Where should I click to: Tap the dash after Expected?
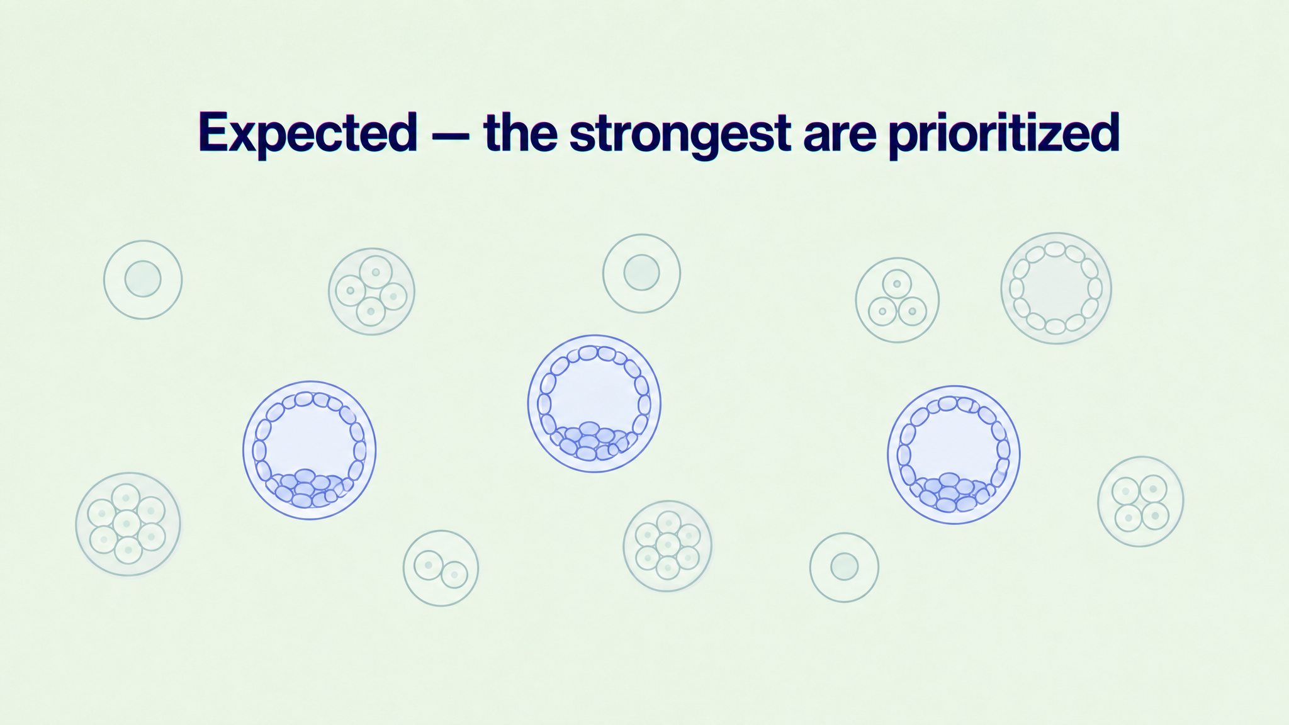(x=449, y=135)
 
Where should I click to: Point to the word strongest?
(x=679, y=134)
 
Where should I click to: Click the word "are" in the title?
(x=838, y=138)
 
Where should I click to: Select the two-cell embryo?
(x=441, y=568)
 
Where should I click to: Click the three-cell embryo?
(x=897, y=300)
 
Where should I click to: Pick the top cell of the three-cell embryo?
(x=897, y=283)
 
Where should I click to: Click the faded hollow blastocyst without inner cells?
(x=1056, y=288)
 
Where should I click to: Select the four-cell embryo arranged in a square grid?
(x=1140, y=502)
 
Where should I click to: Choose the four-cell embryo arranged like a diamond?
(x=371, y=291)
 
